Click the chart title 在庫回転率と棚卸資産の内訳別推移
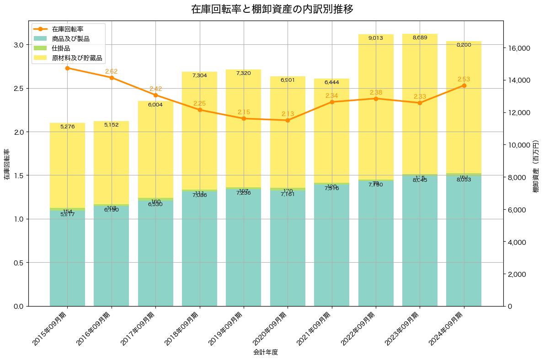pyautogui.click(x=272, y=9)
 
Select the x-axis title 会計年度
pyautogui.click(x=266, y=352)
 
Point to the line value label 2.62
pyautogui.click(x=112, y=71)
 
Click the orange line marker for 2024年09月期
pyautogui.click(x=464, y=85)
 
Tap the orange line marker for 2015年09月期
pyautogui.click(x=68, y=68)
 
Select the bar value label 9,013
pyautogui.click(x=376, y=38)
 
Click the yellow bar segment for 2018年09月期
pyautogui.click(x=200, y=132)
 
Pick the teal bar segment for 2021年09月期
pyautogui.click(x=332, y=247)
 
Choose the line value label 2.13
pyautogui.click(x=288, y=114)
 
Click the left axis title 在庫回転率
pyautogui.click(x=6, y=164)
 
